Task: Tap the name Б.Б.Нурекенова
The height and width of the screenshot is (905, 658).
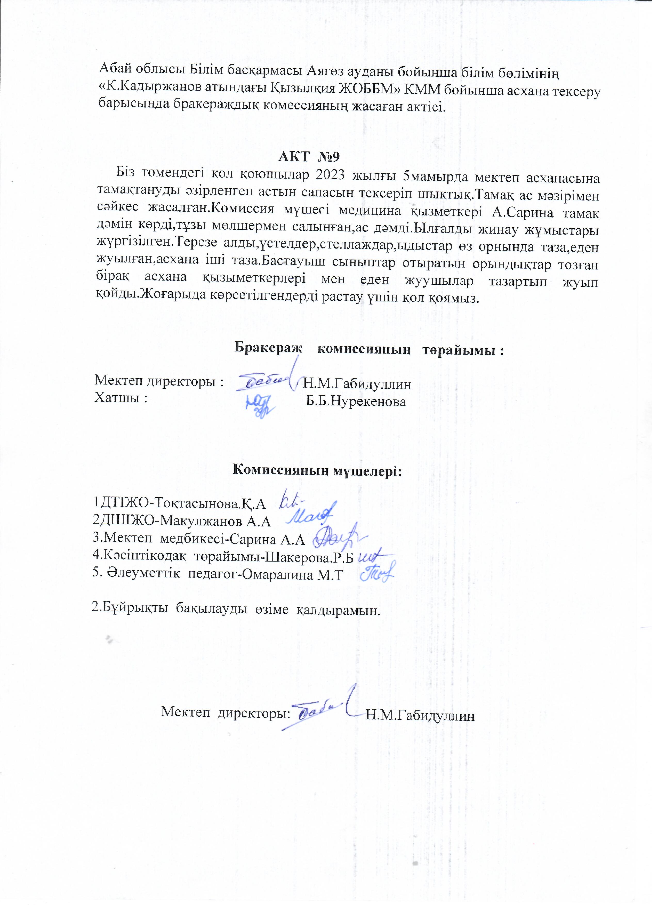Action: coord(356,402)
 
